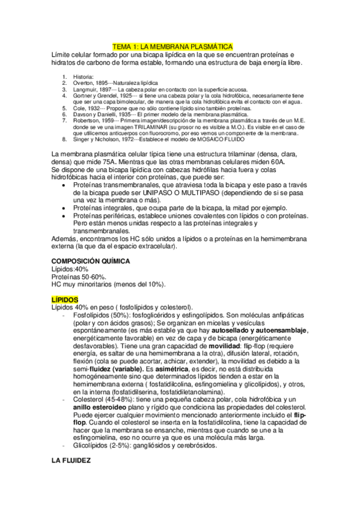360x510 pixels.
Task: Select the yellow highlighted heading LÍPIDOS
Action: [66, 299]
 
